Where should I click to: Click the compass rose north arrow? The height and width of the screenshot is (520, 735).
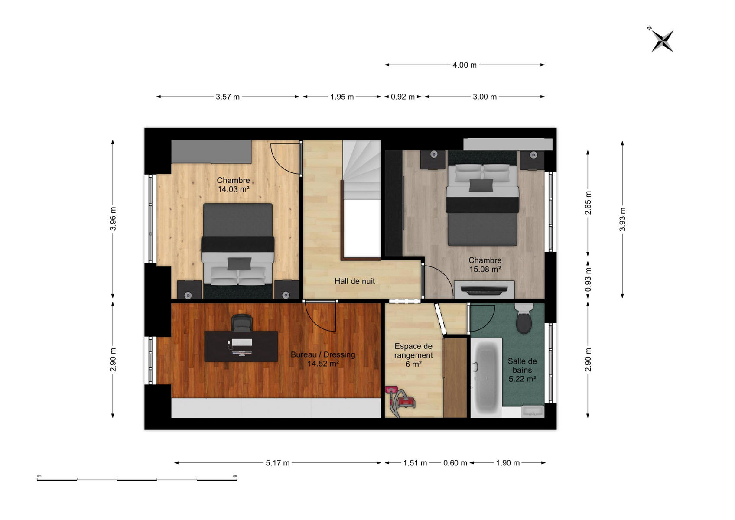(662, 41)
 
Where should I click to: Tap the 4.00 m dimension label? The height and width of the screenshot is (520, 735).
(464, 65)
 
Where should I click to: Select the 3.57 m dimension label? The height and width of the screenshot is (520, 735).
(228, 97)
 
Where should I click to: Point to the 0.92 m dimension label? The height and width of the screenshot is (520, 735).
(403, 97)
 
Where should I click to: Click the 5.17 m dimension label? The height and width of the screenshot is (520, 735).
(278, 463)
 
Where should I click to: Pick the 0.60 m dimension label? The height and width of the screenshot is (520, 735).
(455, 463)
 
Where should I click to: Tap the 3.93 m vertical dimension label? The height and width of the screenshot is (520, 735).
(622, 219)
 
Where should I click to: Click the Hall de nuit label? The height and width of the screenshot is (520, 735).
(354, 281)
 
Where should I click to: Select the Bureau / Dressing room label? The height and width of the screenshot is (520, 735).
(323, 354)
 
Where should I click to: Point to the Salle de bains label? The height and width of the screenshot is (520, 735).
(522, 365)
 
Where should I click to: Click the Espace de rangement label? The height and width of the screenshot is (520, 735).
(413, 351)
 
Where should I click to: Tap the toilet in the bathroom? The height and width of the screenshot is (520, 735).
(524, 318)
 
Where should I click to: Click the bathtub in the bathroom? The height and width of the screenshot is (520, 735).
(486, 377)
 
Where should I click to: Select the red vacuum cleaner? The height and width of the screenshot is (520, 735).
(400, 401)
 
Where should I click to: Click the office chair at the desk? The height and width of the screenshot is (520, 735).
(242, 323)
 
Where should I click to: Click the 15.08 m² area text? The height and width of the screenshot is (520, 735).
(485, 269)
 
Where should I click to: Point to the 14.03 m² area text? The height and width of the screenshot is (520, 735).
(233, 189)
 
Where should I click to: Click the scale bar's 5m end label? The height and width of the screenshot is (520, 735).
(234, 476)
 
